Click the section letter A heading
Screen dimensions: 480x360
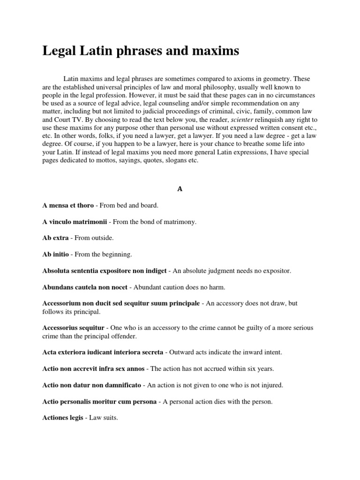click(x=180, y=189)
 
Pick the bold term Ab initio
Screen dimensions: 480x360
click(x=56, y=255)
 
